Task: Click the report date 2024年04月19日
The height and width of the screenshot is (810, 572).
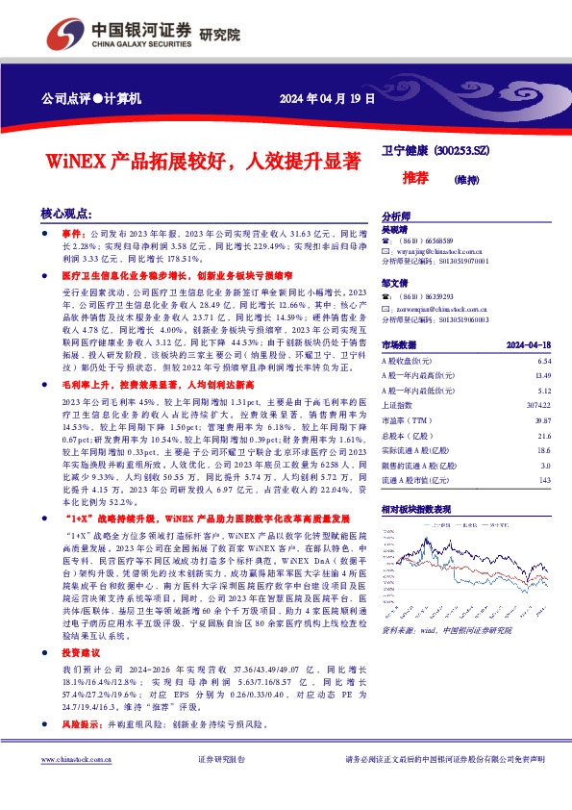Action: (x=327, y=99)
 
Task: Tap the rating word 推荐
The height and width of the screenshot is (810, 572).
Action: (x=415, y=178)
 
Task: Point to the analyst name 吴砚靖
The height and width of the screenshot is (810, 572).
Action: (x=394, y=231)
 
